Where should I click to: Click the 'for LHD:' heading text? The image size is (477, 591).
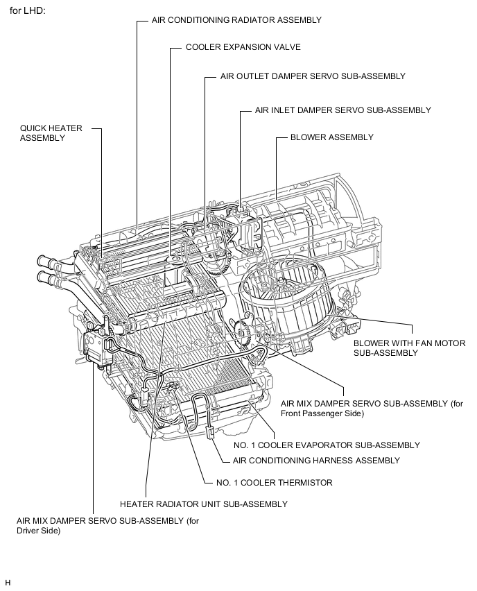point(27,11)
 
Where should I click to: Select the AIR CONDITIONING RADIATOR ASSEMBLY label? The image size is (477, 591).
point(236,20)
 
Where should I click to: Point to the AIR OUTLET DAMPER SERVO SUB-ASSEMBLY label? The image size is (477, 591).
point(312,76)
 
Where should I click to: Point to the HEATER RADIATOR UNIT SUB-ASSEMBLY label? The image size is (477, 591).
point(203,504)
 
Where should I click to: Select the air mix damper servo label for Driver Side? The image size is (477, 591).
point(103,526)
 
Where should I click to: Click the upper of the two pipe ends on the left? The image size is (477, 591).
point(45,262)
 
